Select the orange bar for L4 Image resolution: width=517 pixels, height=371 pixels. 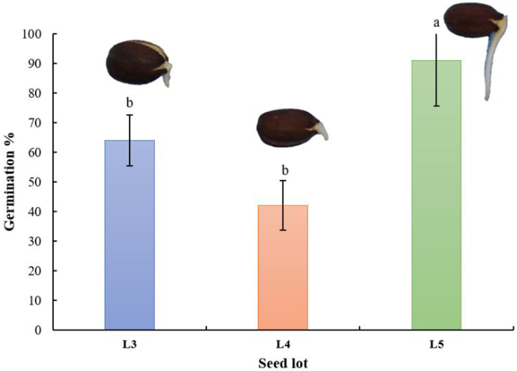click(283, 267)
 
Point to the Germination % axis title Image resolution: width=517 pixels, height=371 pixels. click(12, 182)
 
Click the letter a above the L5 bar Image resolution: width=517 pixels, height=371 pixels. click(436, 23)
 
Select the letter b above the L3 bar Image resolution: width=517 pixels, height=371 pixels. click(130, 103)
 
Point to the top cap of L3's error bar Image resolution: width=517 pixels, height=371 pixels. click(130, 115)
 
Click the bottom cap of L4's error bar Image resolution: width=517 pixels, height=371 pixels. click(283, 230)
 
